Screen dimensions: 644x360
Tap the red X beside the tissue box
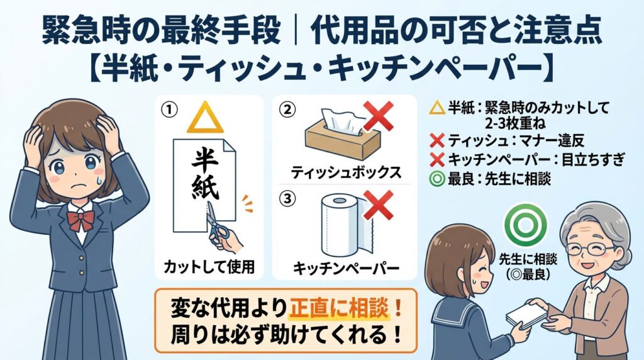(x=378, y=116)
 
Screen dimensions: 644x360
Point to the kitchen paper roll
(x=347, y=225)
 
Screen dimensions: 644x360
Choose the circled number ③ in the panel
(x=287, y=199)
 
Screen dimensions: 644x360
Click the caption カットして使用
(x=209, y=267)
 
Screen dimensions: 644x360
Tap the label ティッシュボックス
(x=346, y=172)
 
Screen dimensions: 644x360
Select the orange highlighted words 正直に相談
(x=338, y=308)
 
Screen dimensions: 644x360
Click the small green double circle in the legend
(x=436, y=179)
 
